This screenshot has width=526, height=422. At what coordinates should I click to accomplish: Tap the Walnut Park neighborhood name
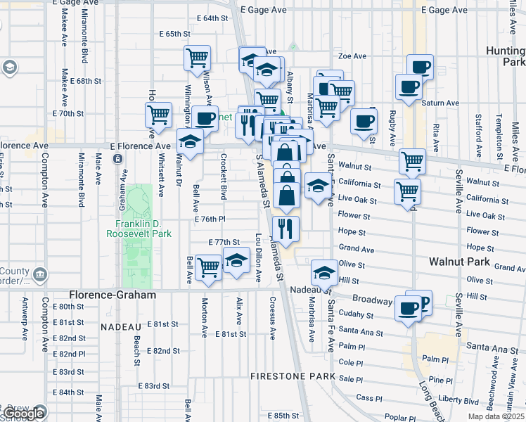tap(459, 261)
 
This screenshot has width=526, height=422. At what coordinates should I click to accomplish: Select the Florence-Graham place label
tap(113, 295)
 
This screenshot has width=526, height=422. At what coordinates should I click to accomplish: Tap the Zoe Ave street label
tap(353, 56)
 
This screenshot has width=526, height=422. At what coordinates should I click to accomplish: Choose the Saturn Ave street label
tap(440, 103)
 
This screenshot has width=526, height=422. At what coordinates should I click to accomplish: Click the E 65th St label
tap(175, 33)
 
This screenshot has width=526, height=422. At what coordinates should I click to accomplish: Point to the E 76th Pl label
tap(210, 219)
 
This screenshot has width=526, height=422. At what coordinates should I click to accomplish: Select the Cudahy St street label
tap(354, 314)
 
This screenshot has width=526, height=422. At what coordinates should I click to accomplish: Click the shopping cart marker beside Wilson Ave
tap(198, 58)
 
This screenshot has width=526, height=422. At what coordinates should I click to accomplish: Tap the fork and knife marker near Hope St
tap(286, 228)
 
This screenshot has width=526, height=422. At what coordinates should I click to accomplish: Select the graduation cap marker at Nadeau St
tap(324, 271)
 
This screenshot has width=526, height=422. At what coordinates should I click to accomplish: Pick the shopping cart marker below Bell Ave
tap(208, 267)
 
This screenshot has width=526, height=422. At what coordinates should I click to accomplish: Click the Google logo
tap(23, 414)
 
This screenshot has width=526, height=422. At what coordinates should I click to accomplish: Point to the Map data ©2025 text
tap(496, 416)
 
